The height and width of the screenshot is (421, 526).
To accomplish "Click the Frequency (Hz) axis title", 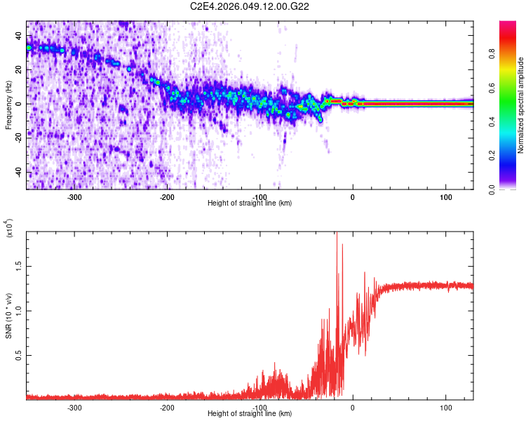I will [8, 105].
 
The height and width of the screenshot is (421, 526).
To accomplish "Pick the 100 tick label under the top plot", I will [445, 196].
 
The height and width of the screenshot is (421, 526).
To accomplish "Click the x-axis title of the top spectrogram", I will [250, 203].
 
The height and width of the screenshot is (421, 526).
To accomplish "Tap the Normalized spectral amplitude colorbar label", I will [520, 105].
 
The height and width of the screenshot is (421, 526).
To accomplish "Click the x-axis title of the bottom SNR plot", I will [250, 413].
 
